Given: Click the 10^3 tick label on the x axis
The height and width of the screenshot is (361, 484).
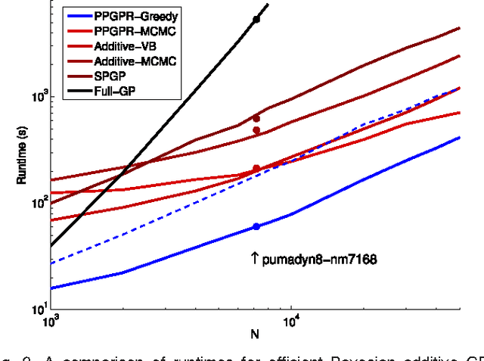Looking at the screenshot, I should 50,322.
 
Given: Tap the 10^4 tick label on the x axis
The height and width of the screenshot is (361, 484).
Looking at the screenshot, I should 291,322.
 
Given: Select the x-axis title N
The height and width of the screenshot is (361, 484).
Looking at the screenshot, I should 256,334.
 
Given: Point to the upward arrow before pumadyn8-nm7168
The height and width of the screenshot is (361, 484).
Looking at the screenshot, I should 255,259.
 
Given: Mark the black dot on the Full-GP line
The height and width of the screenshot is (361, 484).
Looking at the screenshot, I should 256,19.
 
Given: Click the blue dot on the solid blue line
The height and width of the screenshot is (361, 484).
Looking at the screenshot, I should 256,226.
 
